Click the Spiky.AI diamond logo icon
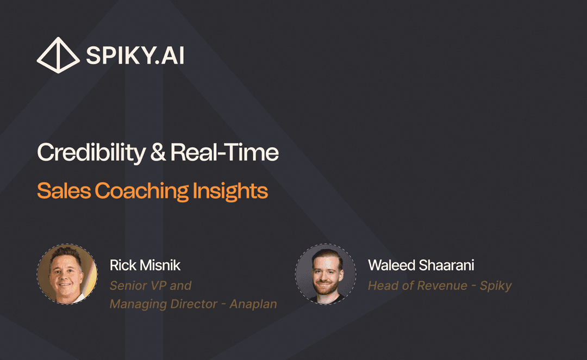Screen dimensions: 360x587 click(x=58, y=55)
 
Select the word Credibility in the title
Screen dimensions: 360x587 click(x=90, y=153)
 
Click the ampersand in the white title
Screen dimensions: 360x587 click(x=158, y=153)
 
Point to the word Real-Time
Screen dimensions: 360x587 click(x=224, y=153)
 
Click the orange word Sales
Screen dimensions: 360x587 click(x=64, y=191)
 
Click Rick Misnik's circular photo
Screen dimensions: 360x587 click(x=67, y=274)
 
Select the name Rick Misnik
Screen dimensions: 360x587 click(x=145, y=265)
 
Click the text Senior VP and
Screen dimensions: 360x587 click(x=151, y=285)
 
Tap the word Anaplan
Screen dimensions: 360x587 click(x=253, y=304)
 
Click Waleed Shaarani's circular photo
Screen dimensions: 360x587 click(x=325, y=274)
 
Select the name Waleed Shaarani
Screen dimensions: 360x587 click(x=421, y=265)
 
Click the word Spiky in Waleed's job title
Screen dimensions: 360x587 click(x=496, y=285)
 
